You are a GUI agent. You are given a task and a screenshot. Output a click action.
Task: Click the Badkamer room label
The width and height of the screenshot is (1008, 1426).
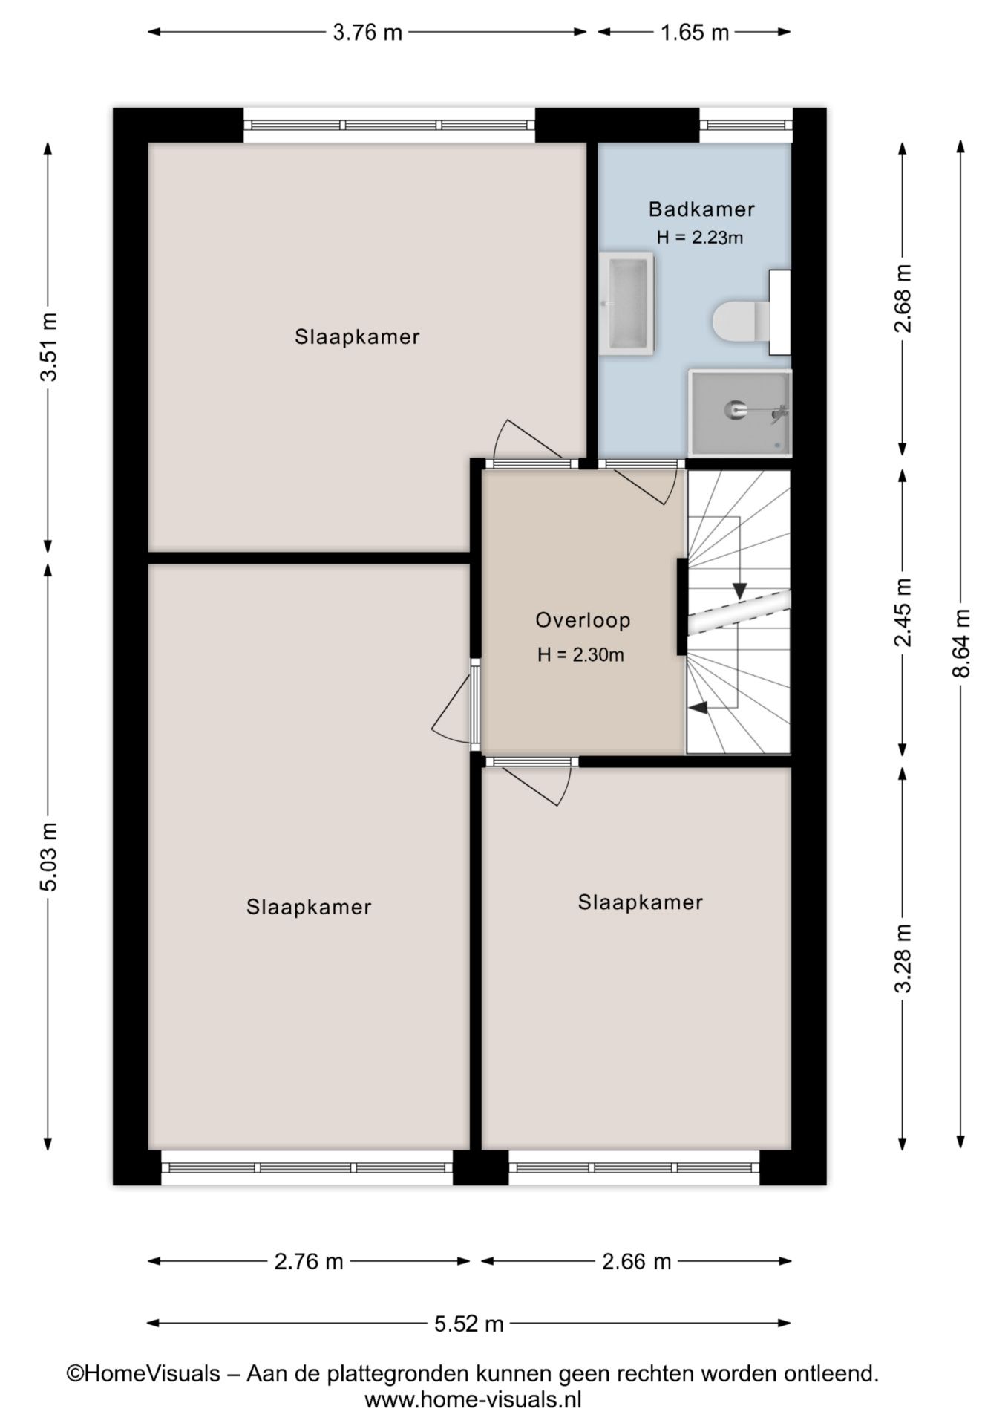[x=701, y=209]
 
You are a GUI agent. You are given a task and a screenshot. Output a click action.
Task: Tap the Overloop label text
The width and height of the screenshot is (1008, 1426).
[x=583, y=620]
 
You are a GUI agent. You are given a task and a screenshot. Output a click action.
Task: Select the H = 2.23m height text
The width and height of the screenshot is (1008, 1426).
[x=700, y=238]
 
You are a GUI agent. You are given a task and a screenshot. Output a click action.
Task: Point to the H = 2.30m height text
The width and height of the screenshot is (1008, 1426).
[x=580, y=655]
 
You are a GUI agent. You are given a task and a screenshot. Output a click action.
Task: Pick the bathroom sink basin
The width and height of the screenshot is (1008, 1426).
[x=627, y=303]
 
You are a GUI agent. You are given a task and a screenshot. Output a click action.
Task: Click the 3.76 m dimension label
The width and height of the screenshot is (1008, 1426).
[x=367, y=33]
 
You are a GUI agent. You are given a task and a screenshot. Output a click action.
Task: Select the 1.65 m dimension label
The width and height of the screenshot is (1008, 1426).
[x=695, y=33]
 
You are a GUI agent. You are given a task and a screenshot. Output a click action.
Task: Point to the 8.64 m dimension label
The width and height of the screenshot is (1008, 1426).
[x=961, y=643]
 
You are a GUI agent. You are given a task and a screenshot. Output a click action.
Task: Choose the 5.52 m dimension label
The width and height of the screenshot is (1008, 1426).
[x=469, y=1323]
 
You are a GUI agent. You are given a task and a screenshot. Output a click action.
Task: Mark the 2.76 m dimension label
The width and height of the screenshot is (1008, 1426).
[x=309, y=1261]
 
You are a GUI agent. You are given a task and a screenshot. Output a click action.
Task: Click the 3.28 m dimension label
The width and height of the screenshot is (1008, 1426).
[x=903, y=958]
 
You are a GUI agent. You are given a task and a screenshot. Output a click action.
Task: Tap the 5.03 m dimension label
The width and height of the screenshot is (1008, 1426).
[x=48, y=856]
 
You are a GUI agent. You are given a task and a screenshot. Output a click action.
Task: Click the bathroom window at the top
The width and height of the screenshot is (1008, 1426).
[x=746, y=125]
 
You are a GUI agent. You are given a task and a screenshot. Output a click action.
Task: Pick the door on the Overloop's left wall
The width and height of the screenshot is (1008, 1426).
[x=456, y=702]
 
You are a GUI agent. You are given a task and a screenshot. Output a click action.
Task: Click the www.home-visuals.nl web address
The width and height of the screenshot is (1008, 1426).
[x=473, y=1400]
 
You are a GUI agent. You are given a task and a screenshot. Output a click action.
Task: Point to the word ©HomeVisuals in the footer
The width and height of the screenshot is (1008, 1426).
[x=144, y=1373]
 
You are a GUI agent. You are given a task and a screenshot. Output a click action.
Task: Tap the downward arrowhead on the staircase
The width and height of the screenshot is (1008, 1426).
[x=739, y=590]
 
